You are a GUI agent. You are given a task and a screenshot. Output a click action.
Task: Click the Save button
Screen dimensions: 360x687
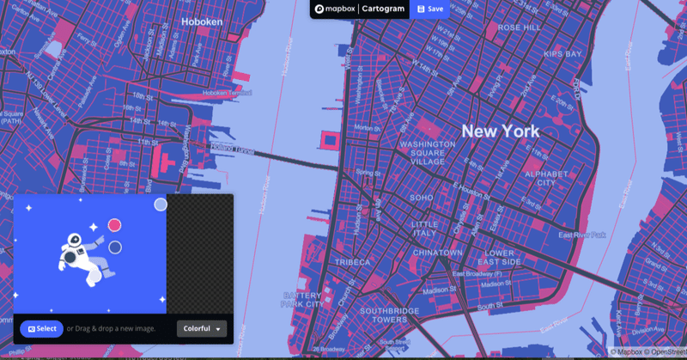tap(429, 9)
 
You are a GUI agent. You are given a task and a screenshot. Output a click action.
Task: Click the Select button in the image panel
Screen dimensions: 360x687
tap(41, 328)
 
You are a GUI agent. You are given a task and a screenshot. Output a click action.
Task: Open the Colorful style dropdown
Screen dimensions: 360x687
tap(203, 328)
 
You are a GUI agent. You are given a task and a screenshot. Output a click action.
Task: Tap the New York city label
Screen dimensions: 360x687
tap(501, 131)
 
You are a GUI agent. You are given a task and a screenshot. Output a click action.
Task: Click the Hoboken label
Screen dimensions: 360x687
tap(203, 21)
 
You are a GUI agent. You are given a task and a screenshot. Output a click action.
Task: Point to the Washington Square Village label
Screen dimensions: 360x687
tap(428, 152)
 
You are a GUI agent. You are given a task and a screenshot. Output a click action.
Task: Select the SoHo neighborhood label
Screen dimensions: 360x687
tap(422, 198)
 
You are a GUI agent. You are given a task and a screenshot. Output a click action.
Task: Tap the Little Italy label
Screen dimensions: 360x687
tap(424, 228)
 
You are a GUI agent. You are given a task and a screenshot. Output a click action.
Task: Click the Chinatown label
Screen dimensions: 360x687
tap(438, 253)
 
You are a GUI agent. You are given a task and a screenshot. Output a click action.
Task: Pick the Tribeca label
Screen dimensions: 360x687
tap(353, 262)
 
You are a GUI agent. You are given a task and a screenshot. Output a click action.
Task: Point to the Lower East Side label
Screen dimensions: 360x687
tap(499, 258)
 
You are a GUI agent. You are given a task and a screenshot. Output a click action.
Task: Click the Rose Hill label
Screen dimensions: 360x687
tap(520, 27)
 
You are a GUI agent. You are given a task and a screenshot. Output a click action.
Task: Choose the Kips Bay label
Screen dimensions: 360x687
tap(562, 54)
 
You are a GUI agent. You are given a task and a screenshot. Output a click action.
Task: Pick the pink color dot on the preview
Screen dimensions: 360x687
tap(114, 225)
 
